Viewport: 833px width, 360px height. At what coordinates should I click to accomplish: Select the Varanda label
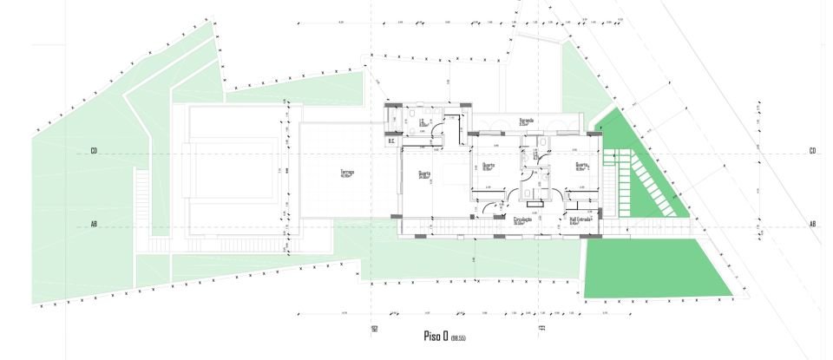click(x=526, y=121)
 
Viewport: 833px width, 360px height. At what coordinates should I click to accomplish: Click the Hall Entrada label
click(x=580, y=220)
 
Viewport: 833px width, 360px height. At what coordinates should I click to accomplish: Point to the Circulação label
click(x=522, y=220)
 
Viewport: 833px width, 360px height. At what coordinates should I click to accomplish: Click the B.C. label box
click(x=391, y=141)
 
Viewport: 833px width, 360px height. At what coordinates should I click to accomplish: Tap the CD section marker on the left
click(x=94, y=152)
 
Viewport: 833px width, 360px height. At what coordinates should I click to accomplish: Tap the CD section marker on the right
click(x=812, y=152)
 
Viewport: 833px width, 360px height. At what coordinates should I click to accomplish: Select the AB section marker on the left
click(x=94, y=224)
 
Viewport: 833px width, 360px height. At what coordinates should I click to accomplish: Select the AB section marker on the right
click(x=812, y=224)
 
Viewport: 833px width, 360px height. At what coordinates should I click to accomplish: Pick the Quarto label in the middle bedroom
click(x=488, y=167)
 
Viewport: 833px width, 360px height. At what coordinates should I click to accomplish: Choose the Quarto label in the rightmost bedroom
click(x=581, y=167)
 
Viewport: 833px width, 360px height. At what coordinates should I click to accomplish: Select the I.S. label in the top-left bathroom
click(x=423, y=122)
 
